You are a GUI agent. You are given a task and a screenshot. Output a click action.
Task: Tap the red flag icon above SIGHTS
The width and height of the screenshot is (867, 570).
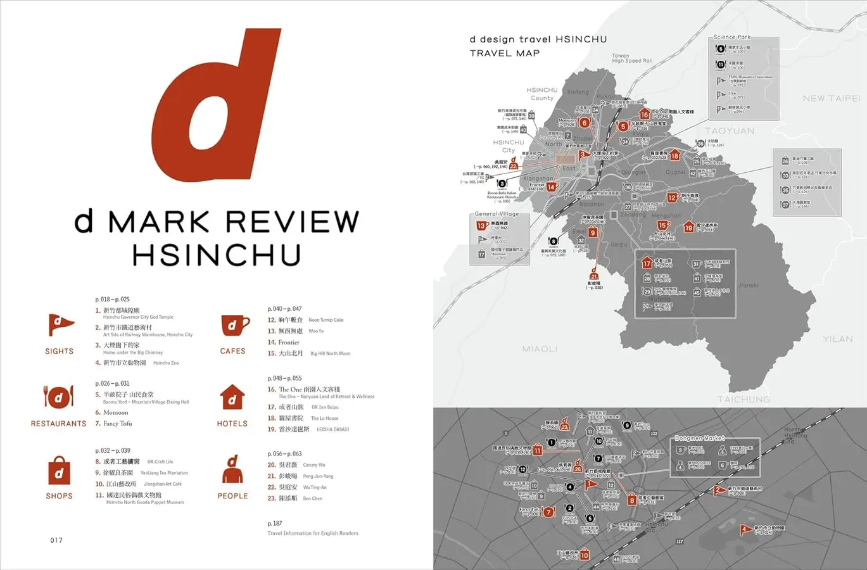60,325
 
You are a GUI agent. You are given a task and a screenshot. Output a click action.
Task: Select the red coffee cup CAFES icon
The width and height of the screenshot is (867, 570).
233,326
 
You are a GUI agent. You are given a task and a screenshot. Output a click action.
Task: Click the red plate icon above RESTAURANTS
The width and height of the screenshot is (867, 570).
58,398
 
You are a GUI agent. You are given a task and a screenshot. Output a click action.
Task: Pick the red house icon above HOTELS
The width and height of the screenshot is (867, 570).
232,398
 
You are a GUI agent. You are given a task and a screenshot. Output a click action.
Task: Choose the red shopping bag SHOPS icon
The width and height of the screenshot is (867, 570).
59,471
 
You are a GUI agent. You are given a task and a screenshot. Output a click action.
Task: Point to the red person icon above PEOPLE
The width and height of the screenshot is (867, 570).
232,470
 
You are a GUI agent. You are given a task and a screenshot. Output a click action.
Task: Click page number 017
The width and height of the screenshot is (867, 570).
56,540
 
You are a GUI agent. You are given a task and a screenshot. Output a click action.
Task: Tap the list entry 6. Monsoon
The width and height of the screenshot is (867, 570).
112,412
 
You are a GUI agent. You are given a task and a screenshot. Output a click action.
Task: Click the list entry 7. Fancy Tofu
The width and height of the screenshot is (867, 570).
114,424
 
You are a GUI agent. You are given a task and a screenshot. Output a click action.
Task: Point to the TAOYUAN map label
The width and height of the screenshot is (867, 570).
730,131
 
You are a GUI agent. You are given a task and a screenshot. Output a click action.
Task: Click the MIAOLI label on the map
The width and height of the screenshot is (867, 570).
540,349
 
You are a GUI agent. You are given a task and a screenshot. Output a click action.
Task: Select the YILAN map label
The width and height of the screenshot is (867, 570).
837,339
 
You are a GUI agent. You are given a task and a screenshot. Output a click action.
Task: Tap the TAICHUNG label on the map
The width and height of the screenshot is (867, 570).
744,399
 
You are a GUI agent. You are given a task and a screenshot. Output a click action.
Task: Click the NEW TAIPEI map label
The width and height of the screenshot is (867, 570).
831,98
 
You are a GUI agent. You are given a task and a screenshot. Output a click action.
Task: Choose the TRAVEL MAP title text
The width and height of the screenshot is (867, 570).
505,53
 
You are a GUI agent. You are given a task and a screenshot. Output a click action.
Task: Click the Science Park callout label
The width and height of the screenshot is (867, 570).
731,37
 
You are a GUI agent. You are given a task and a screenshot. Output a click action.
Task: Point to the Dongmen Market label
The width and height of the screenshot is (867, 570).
699,438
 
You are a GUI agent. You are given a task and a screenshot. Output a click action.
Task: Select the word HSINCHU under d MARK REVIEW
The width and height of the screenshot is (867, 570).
217,255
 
